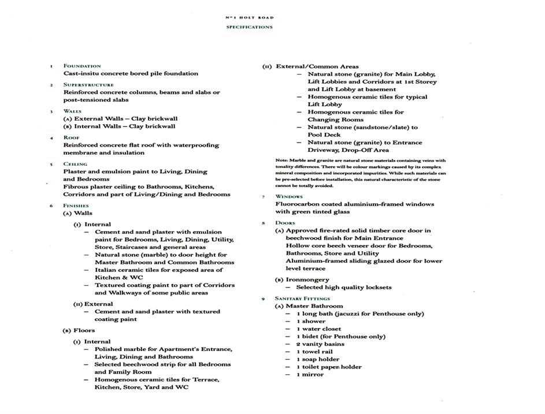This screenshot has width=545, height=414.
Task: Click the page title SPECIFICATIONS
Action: click(249, 27)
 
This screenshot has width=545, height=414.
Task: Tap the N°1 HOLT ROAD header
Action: click(249, 17)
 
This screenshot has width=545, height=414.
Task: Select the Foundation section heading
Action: click(82, 66)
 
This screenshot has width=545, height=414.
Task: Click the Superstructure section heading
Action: click(88, 85)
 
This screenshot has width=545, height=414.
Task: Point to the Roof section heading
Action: click(72, 137)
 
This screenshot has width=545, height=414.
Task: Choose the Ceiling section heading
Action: click(75, 164)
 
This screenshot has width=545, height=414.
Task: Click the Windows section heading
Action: click(289, 197)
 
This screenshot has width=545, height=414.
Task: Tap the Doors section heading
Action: click(285, 223)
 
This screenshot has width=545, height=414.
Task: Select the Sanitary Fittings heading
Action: click(302, 299)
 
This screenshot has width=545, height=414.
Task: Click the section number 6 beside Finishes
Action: click(51, 206)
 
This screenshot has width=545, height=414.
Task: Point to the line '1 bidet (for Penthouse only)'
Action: click(340, 337)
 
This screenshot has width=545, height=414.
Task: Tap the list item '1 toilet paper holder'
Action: click(329, 367)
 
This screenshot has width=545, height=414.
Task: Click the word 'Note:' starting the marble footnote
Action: click(281, 161)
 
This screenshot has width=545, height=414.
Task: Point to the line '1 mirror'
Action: click(310, 374)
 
